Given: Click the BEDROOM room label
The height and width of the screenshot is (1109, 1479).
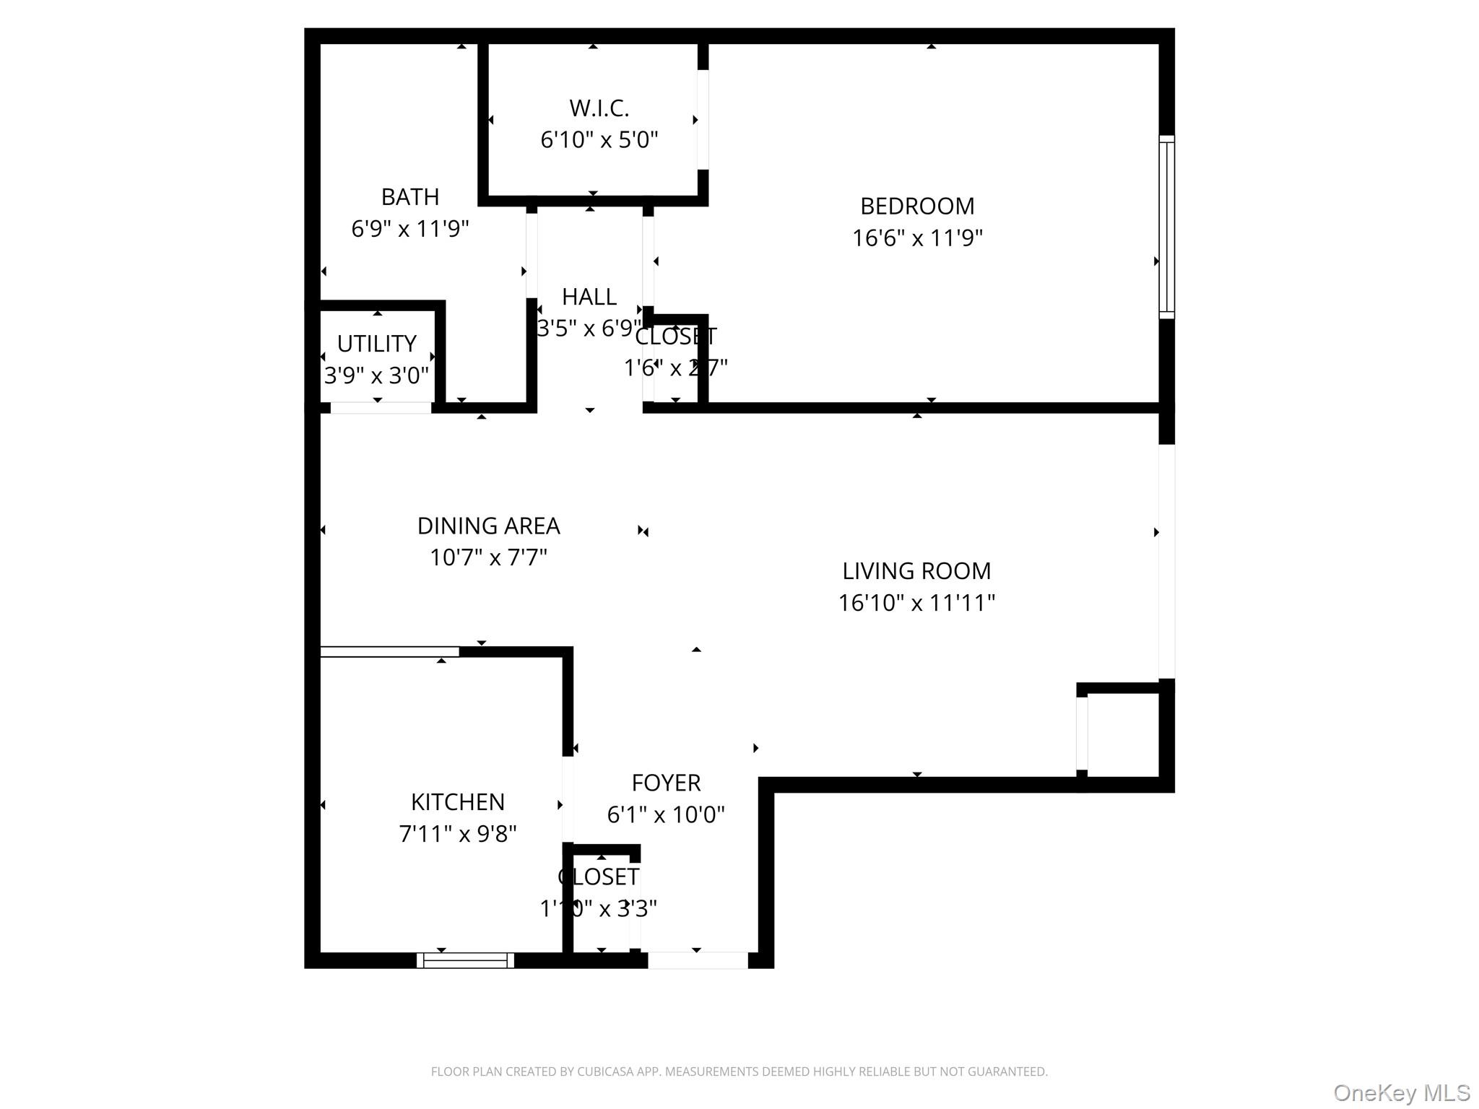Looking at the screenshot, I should click(x=916, y=206).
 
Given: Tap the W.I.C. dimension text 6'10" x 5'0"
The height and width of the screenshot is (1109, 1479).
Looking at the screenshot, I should click(x=599, y=139).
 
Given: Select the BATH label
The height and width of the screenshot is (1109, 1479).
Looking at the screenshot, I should click(x=409, y=197).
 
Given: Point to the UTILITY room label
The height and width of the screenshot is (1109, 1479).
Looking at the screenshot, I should click(x=376, y=344).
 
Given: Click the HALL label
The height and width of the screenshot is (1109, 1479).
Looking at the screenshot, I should click(x=589, y=297).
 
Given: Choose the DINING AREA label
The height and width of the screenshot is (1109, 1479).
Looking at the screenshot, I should click(x=488, y=526).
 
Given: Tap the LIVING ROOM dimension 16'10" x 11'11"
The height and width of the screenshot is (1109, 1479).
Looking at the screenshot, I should click(x=916, y=603).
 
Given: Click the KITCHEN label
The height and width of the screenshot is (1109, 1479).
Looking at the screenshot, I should click(x=457, y=802).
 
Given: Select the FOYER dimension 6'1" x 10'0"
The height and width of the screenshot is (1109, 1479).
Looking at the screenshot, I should click(x=665, y=815).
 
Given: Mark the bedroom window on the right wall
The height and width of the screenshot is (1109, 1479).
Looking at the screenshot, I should click(x=1166, y=227).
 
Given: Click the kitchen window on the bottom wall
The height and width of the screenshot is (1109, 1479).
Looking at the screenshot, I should click(x=465, y=960).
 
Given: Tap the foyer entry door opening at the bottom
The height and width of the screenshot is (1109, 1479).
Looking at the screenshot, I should click(x=697, y=960).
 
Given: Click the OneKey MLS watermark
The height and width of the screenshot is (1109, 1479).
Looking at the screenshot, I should click(x=1401, y=1093).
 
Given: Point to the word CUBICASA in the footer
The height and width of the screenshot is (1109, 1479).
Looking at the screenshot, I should click(x=604, y=1072).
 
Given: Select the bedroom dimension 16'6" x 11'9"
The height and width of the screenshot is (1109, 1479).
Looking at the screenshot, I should click(x=916, y=238).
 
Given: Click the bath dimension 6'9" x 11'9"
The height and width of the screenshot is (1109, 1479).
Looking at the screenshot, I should click(x=409, y=229).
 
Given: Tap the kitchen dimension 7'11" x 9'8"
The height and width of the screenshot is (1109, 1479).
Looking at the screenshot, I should click(x=457, y=834).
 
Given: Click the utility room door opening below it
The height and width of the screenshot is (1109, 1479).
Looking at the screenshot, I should click(x=381, y=408).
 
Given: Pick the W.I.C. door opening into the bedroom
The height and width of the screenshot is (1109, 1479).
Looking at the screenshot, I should click(x=703, y=120).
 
